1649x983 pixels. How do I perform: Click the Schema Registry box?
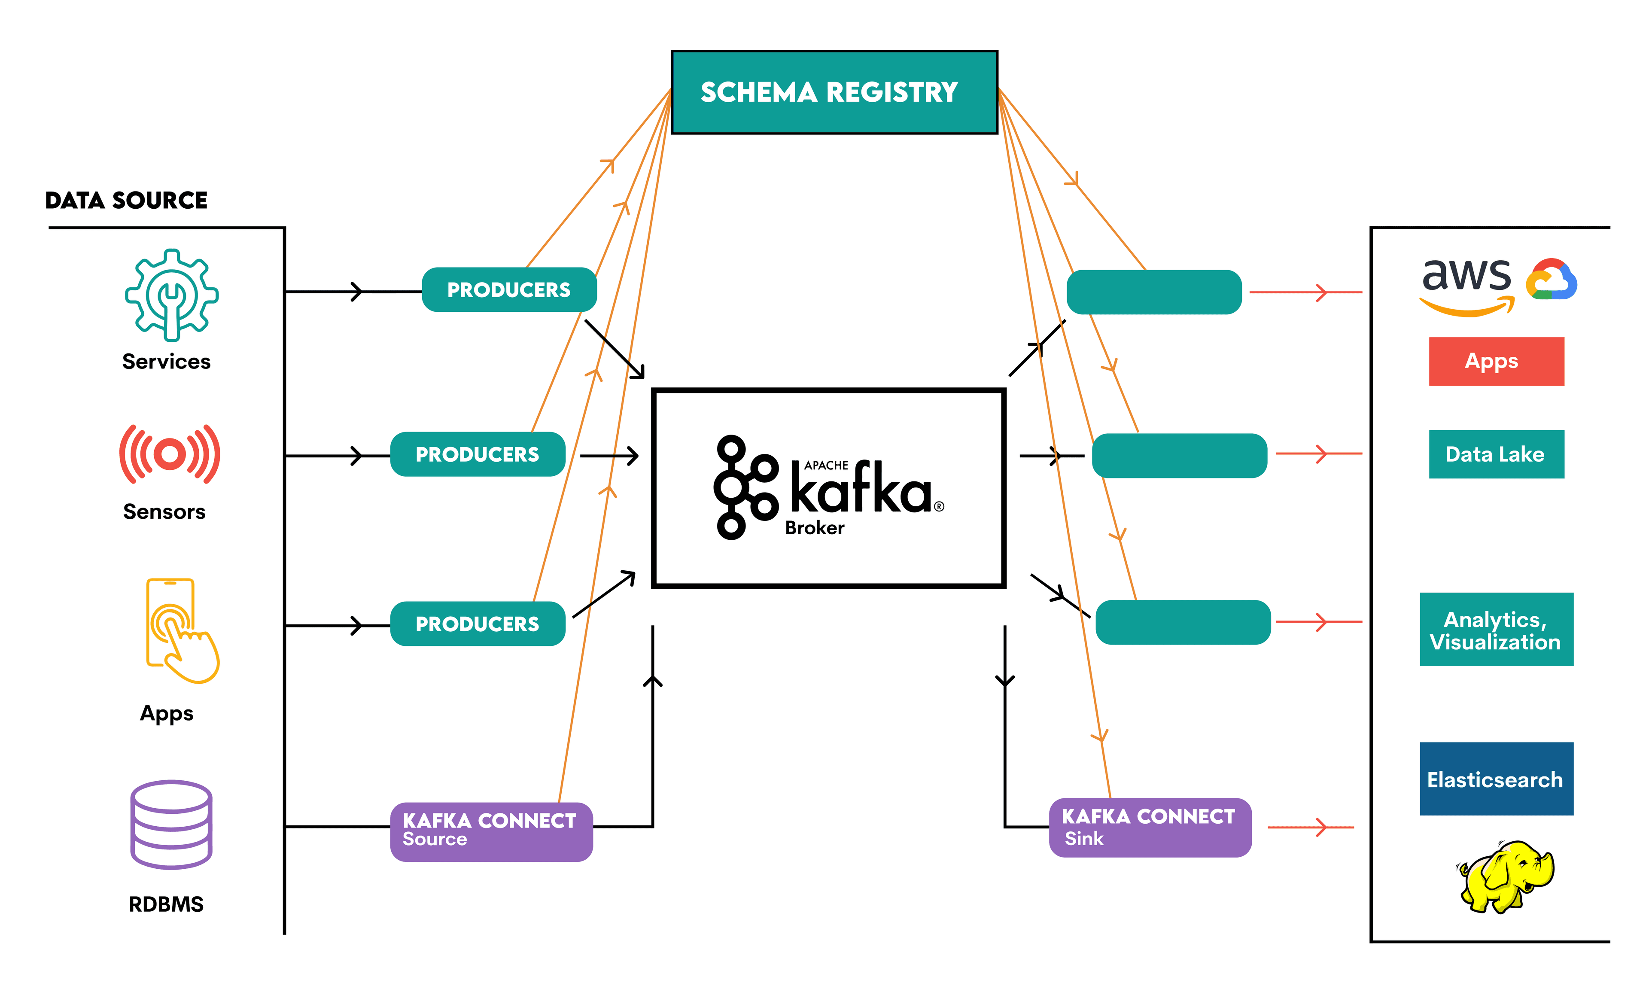[x=834, y=92]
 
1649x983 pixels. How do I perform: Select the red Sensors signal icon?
[x=170, y=454]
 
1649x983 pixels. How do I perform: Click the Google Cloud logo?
[x=1551, y=280]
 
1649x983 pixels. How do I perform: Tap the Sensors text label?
[x=164, y=511]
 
